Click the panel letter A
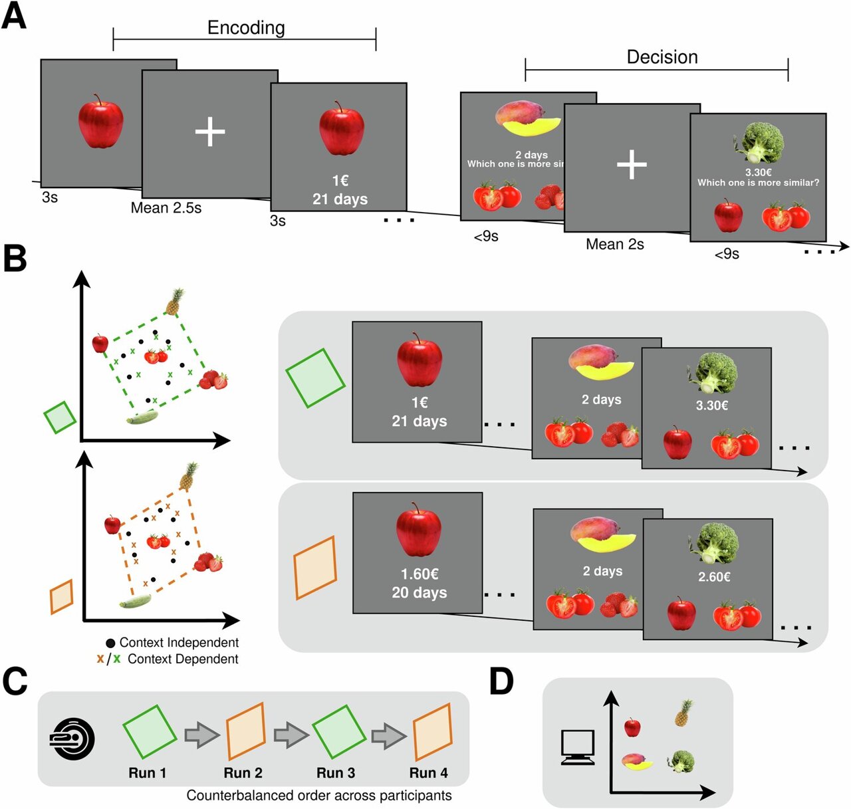(14, 16)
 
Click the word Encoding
(246, 27)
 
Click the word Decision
(662, 57)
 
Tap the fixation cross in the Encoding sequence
(210, 133)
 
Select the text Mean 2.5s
(166, 208)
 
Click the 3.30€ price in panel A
(759, 172)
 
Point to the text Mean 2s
(615, 245)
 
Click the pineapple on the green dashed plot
(174, 302)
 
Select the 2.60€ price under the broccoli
(714, 577)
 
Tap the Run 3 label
(336, 773)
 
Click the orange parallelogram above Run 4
(433, 731)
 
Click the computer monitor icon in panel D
(577, 747)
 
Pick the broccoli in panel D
(681, 761)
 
